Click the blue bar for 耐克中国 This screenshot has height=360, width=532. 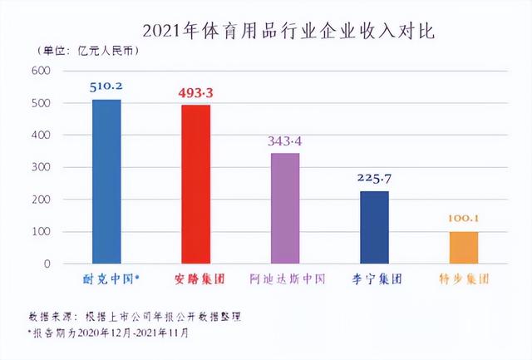click(x=106, y=181)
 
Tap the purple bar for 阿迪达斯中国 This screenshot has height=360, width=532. click(x=284, y=209)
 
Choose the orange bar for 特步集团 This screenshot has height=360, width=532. click(x=464, y=248)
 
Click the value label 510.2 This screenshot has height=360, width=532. click(x=106, y=85)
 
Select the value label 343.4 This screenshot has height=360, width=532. click(x=284, y=140)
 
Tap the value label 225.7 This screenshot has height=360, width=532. click(x=374, y=177)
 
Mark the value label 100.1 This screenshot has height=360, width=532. click(x=464, y=219)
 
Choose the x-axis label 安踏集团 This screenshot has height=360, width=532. click(x=195, y=280)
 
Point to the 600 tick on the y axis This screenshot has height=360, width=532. click(x=41, y=71)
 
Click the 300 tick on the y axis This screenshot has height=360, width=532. click(x=41, y=167)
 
